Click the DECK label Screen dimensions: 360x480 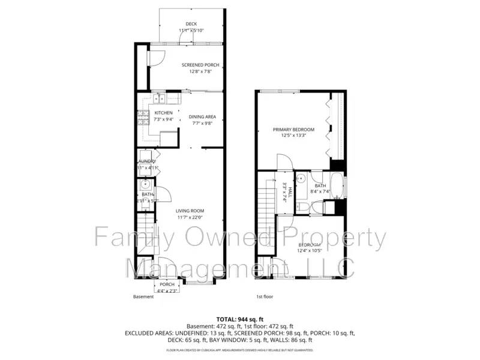coord(191,24)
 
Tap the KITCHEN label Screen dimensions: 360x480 coord(163,113)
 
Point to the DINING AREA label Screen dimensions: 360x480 coord(202,117)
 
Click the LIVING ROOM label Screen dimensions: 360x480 coord(190,211)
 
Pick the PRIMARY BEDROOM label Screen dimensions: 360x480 coord(290,130)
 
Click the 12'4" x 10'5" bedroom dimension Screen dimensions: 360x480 coord(310,251)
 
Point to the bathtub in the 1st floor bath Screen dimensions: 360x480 coord(338,186)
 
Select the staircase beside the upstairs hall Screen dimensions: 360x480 coord(265,204)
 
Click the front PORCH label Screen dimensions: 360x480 coord(167,284)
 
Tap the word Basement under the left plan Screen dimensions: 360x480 coord(143,296)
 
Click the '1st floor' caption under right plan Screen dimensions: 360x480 coord(265,296)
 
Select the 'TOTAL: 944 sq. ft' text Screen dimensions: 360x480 coord(239,319)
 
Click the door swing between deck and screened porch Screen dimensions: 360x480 coord(184,37)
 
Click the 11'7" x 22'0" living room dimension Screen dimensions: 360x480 coord(190,217)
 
